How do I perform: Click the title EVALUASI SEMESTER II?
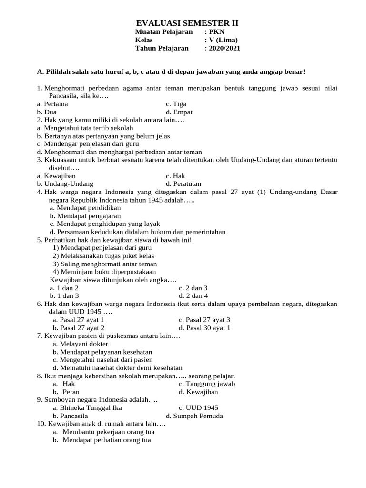(x=187, y=23)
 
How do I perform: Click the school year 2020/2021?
(x=223, y=48)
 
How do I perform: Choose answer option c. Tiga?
(x=176, y=104)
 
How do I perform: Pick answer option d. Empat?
(x=179, y=112)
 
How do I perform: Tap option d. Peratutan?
(x=183, y=183)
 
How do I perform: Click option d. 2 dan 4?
(x=193, y=296)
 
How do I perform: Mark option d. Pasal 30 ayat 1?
(x=204, y=328)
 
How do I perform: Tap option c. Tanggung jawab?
(x=207, y=384)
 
